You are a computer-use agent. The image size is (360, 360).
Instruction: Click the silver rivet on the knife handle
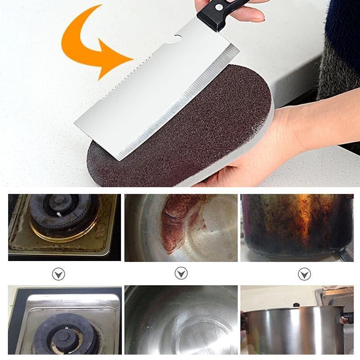[x=219, y=6]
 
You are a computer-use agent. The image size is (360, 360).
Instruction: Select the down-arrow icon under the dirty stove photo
[x=58, y=274]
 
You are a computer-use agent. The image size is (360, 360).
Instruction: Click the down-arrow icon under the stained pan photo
[x=181, y=273]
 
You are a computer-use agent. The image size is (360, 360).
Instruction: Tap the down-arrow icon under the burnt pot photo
[x=304, y=274]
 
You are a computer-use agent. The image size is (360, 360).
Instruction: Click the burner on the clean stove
[x=67, y=333]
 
